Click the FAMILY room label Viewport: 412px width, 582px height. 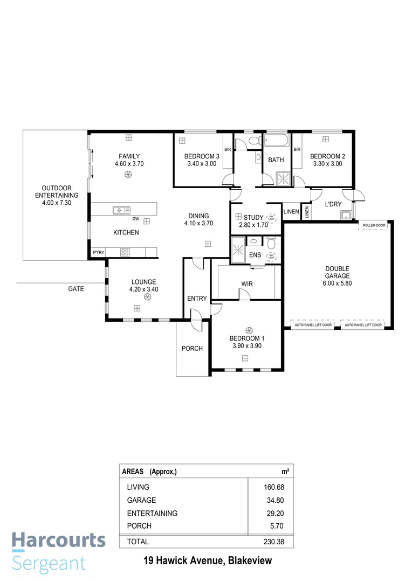129,156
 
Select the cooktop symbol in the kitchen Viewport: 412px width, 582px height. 125,252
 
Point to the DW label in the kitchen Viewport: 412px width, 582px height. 136,219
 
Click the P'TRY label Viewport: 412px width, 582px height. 98,252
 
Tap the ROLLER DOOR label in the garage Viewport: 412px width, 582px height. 373,225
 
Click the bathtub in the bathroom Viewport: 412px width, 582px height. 276,142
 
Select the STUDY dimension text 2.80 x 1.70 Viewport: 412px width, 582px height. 253,225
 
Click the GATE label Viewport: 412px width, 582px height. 76,289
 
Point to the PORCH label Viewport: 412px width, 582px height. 192,348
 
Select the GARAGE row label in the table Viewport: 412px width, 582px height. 141,500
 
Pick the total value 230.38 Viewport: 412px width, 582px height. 271,541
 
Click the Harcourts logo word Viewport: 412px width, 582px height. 59,540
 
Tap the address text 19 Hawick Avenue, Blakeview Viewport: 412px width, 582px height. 208,561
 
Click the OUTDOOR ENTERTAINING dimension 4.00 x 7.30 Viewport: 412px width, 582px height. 57,203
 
